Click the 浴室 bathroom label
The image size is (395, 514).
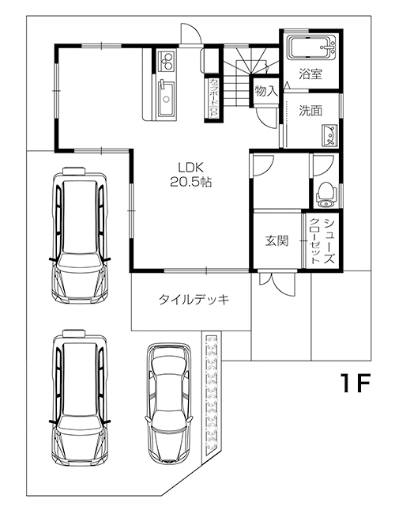click(x=310, y=75)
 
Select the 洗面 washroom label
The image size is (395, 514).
click(x=310, y=111)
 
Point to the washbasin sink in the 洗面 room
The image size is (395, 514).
click(x=330, y=135)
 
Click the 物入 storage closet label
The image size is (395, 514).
click(x=265, y=92)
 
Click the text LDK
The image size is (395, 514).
click(x=190, y=167)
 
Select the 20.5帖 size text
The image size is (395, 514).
click(x=190, y=182)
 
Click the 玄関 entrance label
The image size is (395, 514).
click(x=276, y=240)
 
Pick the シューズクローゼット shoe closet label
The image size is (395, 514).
click(x=322, y=240)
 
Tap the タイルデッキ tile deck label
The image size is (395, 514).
click(x=194, y=300)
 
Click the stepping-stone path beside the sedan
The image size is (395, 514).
click(x=212, y=395)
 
